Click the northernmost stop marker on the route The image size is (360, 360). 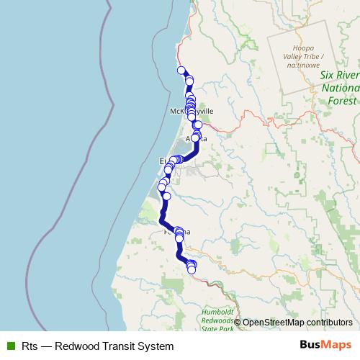click(181, 70)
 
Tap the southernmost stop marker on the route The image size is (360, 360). click(192, 269)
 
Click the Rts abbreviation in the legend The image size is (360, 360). click(30, 346)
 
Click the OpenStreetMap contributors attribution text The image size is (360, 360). click(297, 322)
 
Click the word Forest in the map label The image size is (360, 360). click(341, 101)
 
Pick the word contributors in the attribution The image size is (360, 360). click(328, 322)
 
